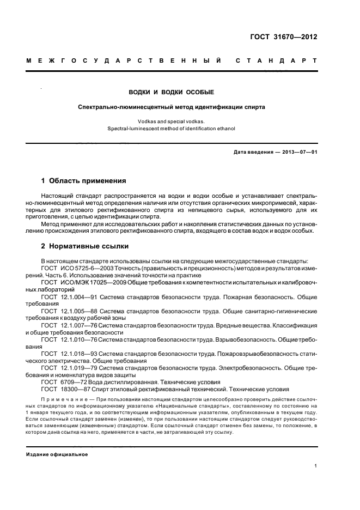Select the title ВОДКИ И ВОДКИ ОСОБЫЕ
click(x=171, y=92)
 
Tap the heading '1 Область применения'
click(x=83, y=180)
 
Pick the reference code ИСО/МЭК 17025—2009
click(x=91, y=283)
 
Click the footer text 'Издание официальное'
click(x=57, y=454)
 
